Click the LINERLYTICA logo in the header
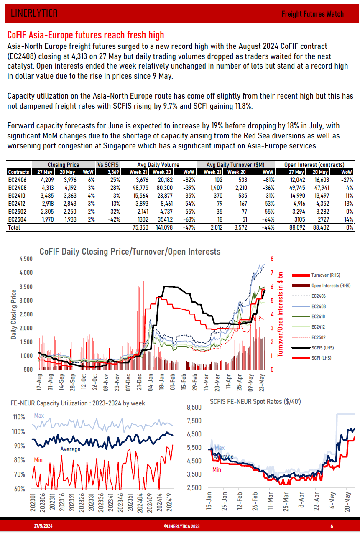[x=34, y=13]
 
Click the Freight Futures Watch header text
[x=312, y=14]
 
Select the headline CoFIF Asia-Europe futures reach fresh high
[x=86, y=35]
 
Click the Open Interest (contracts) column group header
[x=314, y=165]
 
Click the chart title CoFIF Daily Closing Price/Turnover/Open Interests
[x=130, y=252]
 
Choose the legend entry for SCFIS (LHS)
[x=322, y=348]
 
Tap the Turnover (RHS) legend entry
[x=325, y=275]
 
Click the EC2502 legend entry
[x=318, y=337]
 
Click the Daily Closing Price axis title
[x=14, y=314]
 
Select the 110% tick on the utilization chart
[x=19, y=417]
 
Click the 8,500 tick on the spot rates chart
[x=193, y=407]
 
